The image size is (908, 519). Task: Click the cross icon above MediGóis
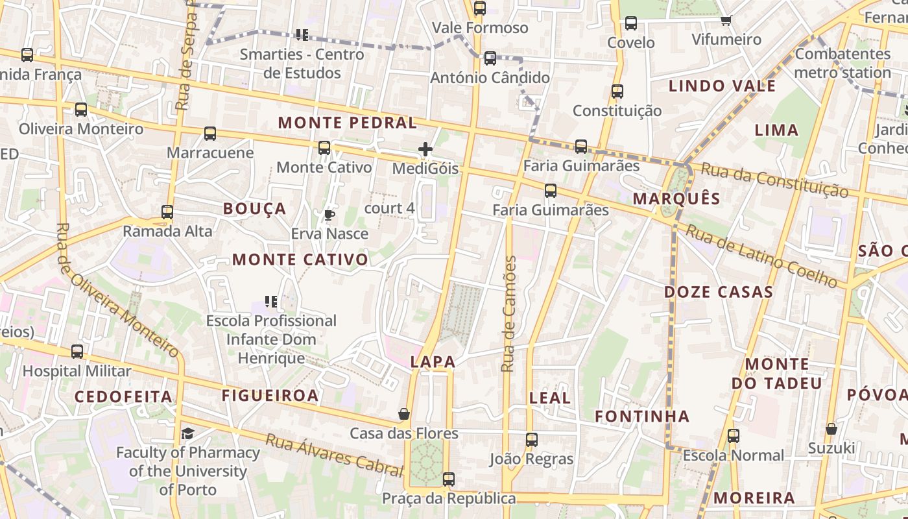(425, 150)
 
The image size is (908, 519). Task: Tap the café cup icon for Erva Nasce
(329, 215)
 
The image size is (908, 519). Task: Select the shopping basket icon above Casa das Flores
(404, 414)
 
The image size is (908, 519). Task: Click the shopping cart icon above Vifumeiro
(726, 20)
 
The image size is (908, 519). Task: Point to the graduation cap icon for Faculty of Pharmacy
(187, 433)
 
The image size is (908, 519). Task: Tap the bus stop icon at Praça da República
(448, 479)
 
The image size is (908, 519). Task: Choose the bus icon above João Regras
(532, 440)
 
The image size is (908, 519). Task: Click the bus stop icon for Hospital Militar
(77, 352)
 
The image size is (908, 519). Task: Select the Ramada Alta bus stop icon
(167, 212)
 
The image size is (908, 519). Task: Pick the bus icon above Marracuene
(210, 134)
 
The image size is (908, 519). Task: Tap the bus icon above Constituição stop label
(617, 91)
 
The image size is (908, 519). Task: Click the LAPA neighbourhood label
(433, 363)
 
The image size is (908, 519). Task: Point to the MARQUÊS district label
(676, 199)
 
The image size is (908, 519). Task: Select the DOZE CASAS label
(719, 292)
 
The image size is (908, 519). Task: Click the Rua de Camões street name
(509, 314)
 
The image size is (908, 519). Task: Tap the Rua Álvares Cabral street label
(334, 455)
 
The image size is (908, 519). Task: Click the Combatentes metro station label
(842, 63)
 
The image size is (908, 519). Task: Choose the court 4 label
(390, 208)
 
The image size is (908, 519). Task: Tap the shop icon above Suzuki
(831, 429)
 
